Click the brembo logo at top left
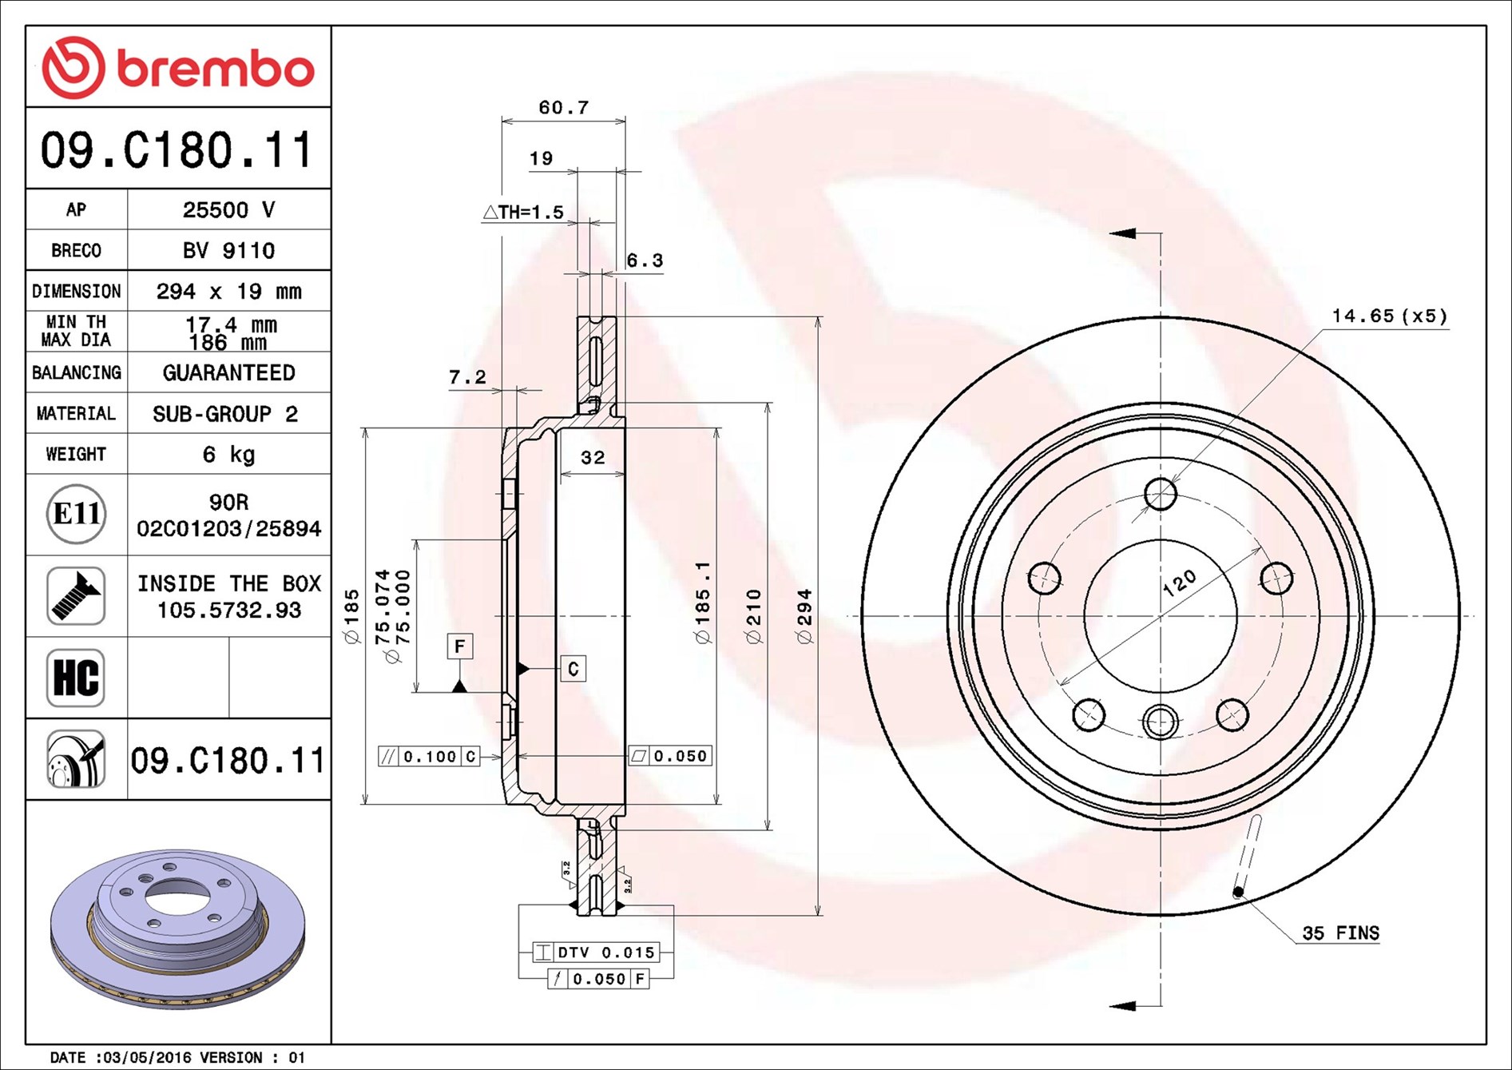pos(177,67)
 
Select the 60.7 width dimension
pos(563,107)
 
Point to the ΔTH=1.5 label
pos(523,212)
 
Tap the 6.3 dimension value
pos(645,261)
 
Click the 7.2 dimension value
pos(467,376)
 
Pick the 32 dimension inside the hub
pos(593,457)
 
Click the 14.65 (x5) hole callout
pos(1389,316)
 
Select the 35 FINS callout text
pos(1340,933)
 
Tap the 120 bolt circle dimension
pos(1179,583)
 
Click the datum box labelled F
pos(459,646)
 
